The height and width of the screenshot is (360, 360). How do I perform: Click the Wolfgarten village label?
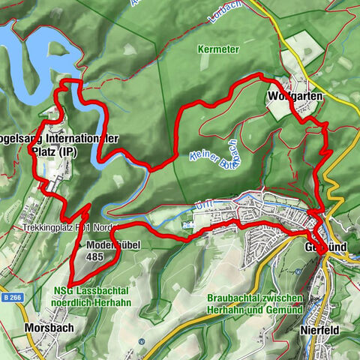[x=290, y=97]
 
